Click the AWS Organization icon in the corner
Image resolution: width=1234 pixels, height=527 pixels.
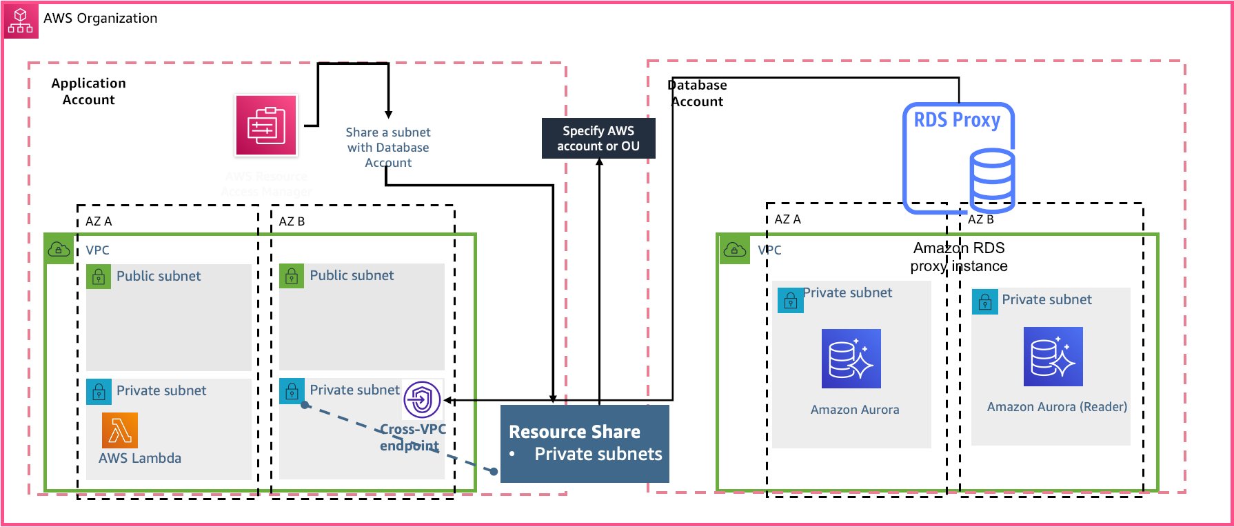21,21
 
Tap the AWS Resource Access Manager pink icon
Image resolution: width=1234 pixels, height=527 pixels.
266,126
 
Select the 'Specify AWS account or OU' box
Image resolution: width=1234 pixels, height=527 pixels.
598,139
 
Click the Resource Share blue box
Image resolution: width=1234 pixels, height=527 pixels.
585,444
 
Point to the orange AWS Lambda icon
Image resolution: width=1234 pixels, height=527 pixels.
120,430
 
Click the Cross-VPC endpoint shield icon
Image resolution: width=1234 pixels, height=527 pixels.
422,399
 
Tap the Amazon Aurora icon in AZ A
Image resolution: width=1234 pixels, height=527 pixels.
851,359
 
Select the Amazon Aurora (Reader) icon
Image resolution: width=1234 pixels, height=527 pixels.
1053,357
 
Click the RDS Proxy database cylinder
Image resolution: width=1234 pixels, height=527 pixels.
992,181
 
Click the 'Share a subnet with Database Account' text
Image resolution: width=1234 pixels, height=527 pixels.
388,147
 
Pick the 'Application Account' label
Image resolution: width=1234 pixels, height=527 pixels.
88,91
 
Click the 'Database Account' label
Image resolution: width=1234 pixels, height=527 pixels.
697,93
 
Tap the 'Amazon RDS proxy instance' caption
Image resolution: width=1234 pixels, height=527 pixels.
959,257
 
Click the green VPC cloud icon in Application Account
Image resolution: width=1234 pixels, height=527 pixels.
59,249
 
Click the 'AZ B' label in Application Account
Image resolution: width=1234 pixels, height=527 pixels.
292,221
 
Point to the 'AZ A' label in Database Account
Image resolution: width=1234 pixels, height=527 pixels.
787,219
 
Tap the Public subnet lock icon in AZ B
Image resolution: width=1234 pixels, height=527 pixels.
292,276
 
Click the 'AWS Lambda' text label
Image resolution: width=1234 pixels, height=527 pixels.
140,458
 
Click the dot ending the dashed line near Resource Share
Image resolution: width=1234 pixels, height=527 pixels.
494,471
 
